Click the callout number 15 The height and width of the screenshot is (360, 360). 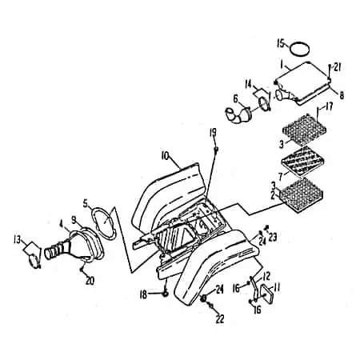pos(281,43)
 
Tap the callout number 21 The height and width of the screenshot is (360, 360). pos(337,68)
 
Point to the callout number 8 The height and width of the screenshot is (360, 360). pos(342,95)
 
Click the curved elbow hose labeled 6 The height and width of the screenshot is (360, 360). pos(238,115)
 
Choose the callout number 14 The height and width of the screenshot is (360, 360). pos(249,85)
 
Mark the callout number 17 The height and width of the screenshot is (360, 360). pos(329,107)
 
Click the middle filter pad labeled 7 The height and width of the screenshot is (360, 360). pos(303,162)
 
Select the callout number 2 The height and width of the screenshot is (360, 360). pos(273,196)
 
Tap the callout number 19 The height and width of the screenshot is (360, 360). pos(213,133)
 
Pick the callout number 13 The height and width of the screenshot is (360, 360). pos(17,240)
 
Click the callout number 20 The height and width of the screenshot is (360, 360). pos(90,281)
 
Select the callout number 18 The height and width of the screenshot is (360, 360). pos(143,294)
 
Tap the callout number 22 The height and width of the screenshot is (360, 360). pos(219,319)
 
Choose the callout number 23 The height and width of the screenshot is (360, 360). pos(272,237)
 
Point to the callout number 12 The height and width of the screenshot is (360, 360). pos(266,276)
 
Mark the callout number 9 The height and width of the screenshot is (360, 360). pos(74,219)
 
